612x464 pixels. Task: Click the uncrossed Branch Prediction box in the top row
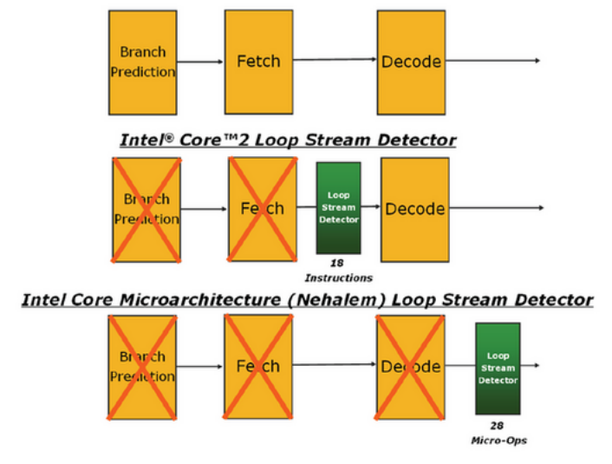(142, 62)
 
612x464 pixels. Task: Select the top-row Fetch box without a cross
(258, 61)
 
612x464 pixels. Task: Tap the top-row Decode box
(411, 62)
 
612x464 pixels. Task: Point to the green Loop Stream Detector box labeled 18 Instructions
(338, 208)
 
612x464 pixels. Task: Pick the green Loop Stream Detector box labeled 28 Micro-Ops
(498, 368)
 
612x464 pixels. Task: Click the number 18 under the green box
(338, 262)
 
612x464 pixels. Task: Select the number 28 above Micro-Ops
(498, 425)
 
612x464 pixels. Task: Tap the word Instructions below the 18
(338, 278)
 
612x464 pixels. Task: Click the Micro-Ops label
(498, 440)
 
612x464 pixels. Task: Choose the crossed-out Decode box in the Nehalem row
(411, 368)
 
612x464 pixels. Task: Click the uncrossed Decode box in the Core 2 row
(414, 209)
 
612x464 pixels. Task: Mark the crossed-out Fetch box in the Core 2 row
(262, 209)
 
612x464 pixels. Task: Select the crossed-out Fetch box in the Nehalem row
(258, 367)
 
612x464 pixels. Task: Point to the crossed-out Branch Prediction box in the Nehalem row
(142, 368)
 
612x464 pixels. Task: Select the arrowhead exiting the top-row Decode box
(537, 61)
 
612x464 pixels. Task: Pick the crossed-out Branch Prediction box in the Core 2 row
(146, 209)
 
